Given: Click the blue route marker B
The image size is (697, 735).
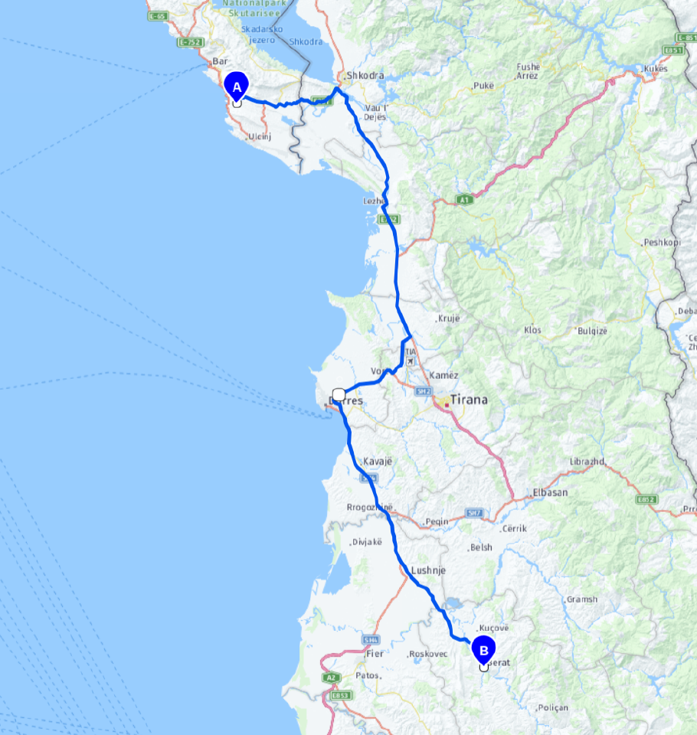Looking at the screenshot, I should point(483,650).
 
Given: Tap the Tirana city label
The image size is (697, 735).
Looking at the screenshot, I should point(469,400).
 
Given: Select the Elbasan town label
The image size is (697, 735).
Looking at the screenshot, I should point(550,492).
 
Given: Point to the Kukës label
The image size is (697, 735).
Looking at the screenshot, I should point(655,68).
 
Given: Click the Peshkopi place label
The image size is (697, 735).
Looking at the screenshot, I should point(663,242).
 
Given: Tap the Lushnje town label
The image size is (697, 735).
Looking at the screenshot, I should point(428,570).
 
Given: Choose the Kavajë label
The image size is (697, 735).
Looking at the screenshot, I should point(375,461).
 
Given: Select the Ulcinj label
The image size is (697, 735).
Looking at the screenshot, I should point(260,136).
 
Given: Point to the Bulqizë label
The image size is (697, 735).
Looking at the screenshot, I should point(593,330).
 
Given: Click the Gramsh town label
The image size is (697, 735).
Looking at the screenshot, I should point(582,599).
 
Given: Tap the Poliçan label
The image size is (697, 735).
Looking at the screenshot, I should point(553,707).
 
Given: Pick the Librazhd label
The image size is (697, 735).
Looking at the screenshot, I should point(587,462).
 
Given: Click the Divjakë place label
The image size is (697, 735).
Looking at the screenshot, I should point(366,542).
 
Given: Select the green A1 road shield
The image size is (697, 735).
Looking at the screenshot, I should point(463,199).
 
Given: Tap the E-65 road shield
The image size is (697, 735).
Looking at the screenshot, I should point(159,15).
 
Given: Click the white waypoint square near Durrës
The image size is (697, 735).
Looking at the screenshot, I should point(339,394).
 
